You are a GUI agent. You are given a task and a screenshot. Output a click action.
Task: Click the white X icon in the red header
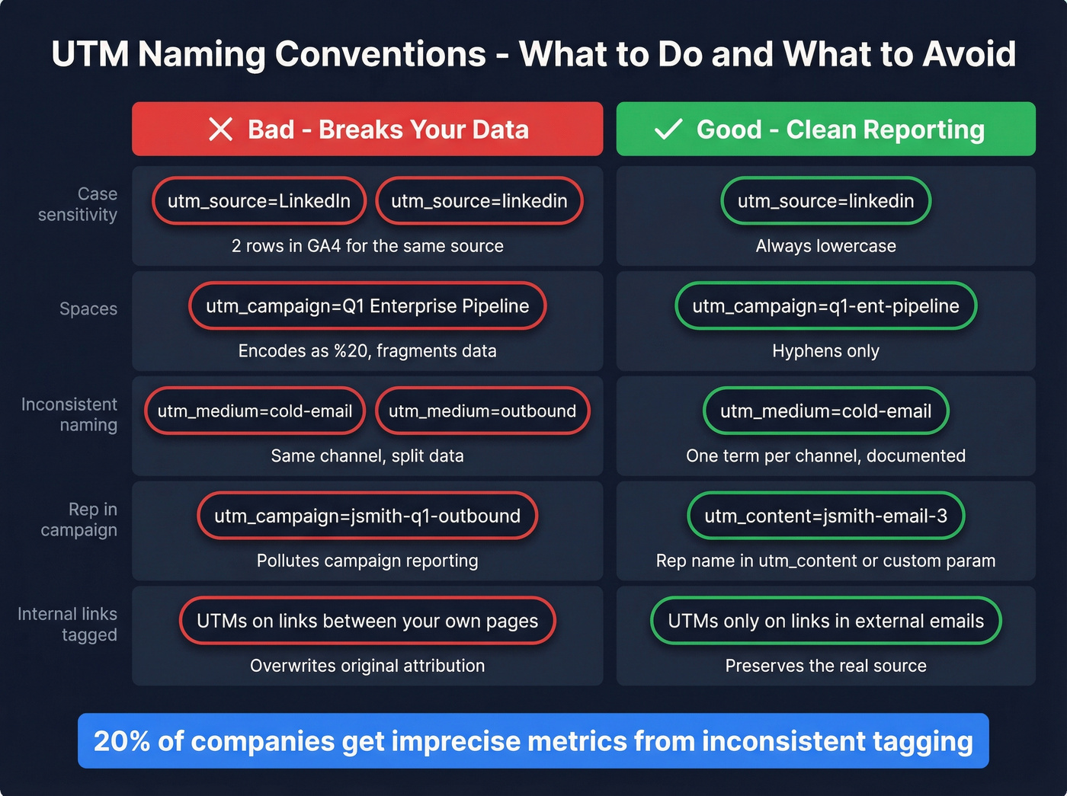point(220,129)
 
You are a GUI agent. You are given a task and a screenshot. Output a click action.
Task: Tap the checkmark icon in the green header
point(668,129)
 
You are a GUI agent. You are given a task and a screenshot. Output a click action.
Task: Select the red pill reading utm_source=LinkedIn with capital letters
point(259,201)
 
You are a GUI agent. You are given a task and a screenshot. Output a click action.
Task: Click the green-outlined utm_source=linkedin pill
point(825,201)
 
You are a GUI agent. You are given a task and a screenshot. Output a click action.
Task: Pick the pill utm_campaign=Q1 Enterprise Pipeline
point(367,306)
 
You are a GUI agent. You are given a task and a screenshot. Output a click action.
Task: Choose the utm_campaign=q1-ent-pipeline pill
point(825,306)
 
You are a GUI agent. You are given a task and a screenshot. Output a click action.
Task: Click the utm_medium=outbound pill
point(482,411)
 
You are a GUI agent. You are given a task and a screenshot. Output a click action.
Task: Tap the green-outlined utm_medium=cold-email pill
point(825,411)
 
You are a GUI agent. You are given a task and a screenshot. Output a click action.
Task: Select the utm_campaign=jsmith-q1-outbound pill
point(367,516)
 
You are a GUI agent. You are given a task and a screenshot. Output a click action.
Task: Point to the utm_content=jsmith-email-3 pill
point(825,516)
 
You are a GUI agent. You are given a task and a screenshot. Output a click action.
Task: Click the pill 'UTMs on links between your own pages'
point(367,622)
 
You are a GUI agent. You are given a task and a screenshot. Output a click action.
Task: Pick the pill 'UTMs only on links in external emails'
point(825,622)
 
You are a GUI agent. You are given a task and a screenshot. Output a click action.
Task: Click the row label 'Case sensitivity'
point(78,204)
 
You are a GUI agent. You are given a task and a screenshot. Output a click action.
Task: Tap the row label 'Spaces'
point(88,309)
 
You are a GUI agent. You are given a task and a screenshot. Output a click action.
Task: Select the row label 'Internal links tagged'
point(68,625)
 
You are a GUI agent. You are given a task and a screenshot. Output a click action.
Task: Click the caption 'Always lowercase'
point(825,246)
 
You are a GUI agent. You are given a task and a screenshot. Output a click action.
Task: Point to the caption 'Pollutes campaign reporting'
point(367,561)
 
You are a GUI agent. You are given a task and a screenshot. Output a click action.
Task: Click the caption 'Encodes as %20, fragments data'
point(367,351)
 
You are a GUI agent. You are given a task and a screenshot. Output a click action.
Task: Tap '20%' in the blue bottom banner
point(122,741)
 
